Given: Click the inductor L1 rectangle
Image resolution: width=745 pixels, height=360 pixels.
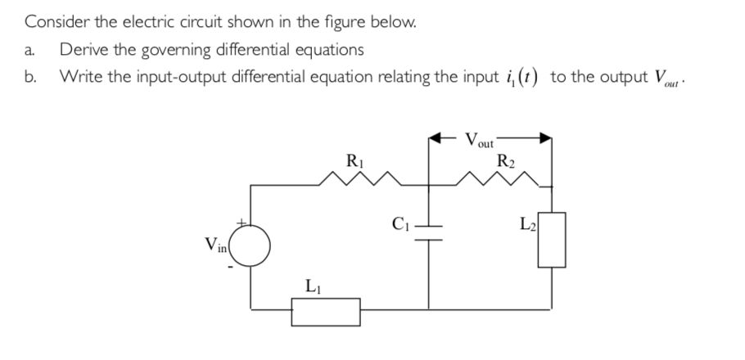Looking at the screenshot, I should click(x=326, y=311).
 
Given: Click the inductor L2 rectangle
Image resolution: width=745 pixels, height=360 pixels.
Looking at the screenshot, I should click(x=551, y=239).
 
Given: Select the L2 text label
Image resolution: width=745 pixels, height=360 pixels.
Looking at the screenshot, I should click(x=528, y=223).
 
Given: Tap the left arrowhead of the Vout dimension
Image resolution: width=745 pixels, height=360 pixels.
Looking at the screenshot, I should click(x=436, y=138).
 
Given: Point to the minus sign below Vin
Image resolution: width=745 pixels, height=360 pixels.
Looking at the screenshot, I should click(x=234, y=267).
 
